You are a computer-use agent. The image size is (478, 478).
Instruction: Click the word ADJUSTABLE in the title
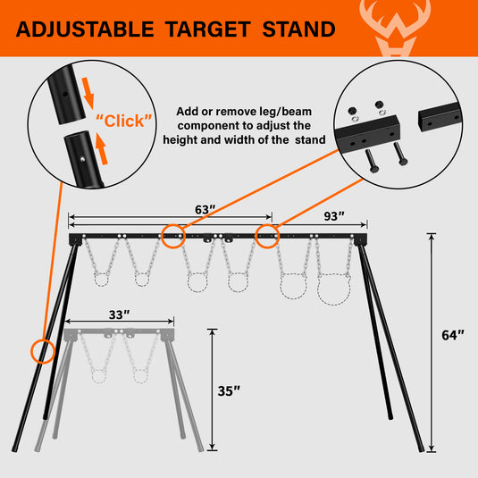85,29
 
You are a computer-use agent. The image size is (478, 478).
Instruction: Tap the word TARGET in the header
208,29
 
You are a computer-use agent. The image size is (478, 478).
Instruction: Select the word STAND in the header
298,29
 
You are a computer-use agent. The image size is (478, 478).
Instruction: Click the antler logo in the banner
396,29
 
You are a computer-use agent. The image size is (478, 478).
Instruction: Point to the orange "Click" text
124,121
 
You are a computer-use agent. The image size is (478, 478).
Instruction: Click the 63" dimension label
205,209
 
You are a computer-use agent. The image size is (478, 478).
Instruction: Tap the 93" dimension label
334,216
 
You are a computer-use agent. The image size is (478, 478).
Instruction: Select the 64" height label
452,335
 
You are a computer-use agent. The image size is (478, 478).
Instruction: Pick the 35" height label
229,391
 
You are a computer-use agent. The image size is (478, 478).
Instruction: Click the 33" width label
119,314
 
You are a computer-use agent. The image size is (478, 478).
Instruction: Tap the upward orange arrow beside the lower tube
101,148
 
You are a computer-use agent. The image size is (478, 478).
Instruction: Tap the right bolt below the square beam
400,154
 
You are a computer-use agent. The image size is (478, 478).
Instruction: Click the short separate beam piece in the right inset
440,117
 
